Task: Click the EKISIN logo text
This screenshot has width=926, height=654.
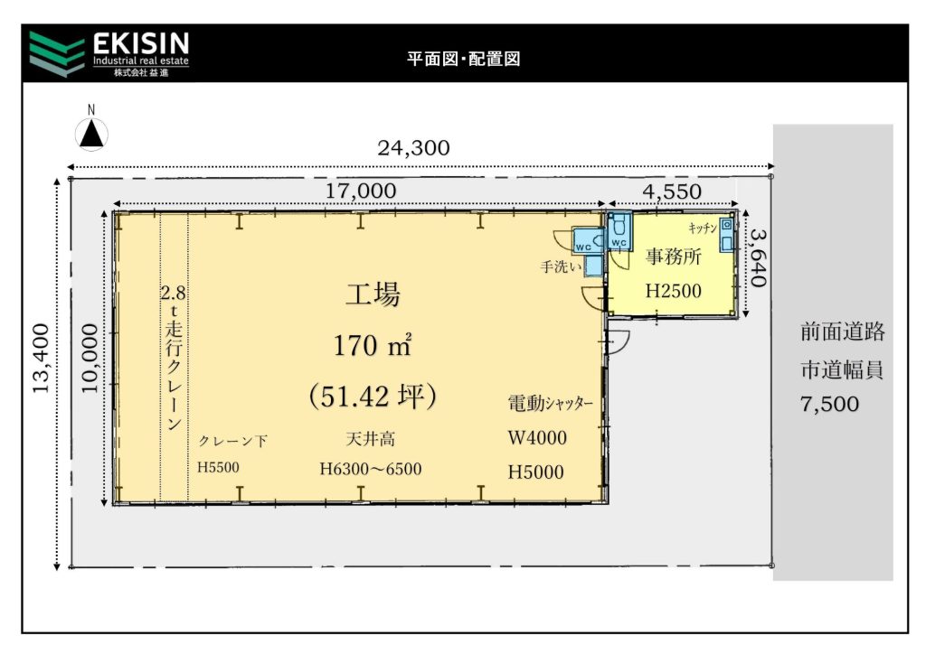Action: [140, 43]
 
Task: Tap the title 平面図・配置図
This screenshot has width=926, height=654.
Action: [463, 59]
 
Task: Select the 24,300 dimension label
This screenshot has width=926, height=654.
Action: [413, 147]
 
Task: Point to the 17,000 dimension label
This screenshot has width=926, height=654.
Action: [361, 192]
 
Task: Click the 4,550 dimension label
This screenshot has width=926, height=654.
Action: [672, 192]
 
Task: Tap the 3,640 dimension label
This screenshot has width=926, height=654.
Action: [759, 257]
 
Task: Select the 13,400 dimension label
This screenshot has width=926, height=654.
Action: [40, 359]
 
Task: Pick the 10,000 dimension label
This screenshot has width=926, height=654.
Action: [90, 358]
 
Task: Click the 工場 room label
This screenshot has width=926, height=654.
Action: [373, 294]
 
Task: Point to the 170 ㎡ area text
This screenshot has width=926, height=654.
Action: [372, 346]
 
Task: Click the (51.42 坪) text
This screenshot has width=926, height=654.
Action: [373, 396]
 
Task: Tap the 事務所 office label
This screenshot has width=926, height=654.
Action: [673, 257]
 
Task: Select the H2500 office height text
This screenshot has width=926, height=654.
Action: [673, 291]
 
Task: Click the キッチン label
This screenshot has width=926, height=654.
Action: [703, 228]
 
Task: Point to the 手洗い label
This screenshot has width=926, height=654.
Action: [561, 267]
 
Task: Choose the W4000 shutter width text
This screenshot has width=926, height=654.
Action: [537, 437]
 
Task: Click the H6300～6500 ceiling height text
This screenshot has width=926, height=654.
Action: [370, 469]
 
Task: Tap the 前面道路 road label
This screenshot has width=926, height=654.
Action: [843, 332]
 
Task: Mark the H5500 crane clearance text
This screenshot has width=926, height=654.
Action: [218, 468]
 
